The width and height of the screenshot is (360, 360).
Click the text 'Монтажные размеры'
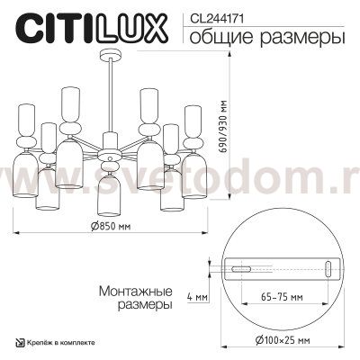[x=132, y=298]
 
